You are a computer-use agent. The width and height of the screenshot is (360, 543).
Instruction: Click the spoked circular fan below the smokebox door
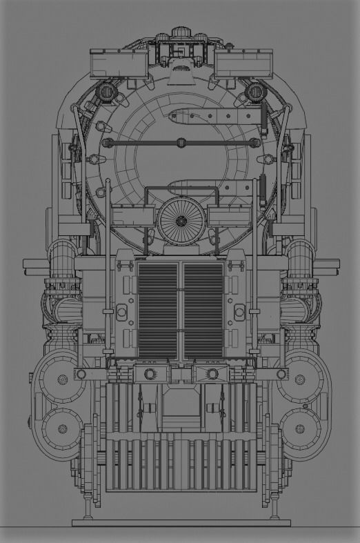pyautogui.click(x=181, y=221)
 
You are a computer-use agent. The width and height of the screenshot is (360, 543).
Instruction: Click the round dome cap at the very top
pyautogui.click(x=180, y=32)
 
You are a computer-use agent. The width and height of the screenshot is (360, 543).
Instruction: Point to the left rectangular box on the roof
pyautogui.click(x=119, y=63)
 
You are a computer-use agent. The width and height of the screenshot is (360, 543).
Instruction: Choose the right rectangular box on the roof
pyautogui.click(x=241, y=63)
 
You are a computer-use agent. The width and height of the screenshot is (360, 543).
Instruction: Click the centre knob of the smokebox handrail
pyautogui.click(x=181, y=143)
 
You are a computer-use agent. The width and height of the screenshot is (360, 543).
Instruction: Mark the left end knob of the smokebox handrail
pyautogui.click(x=107, y=143)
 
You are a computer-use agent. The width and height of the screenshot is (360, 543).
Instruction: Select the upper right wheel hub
pyautogui.click(x=299, y=379)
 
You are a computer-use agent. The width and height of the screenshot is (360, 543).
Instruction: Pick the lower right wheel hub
pyautogui.click(x=299, y=428)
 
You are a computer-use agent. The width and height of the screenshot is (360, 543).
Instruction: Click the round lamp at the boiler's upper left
pyautogui.click(x=106, y=92)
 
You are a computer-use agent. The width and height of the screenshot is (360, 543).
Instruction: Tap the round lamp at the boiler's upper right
pyautogui.click(x=254, y=92)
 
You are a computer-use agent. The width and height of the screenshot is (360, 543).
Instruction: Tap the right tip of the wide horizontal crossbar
pyautogui.click(x=337, y=263)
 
